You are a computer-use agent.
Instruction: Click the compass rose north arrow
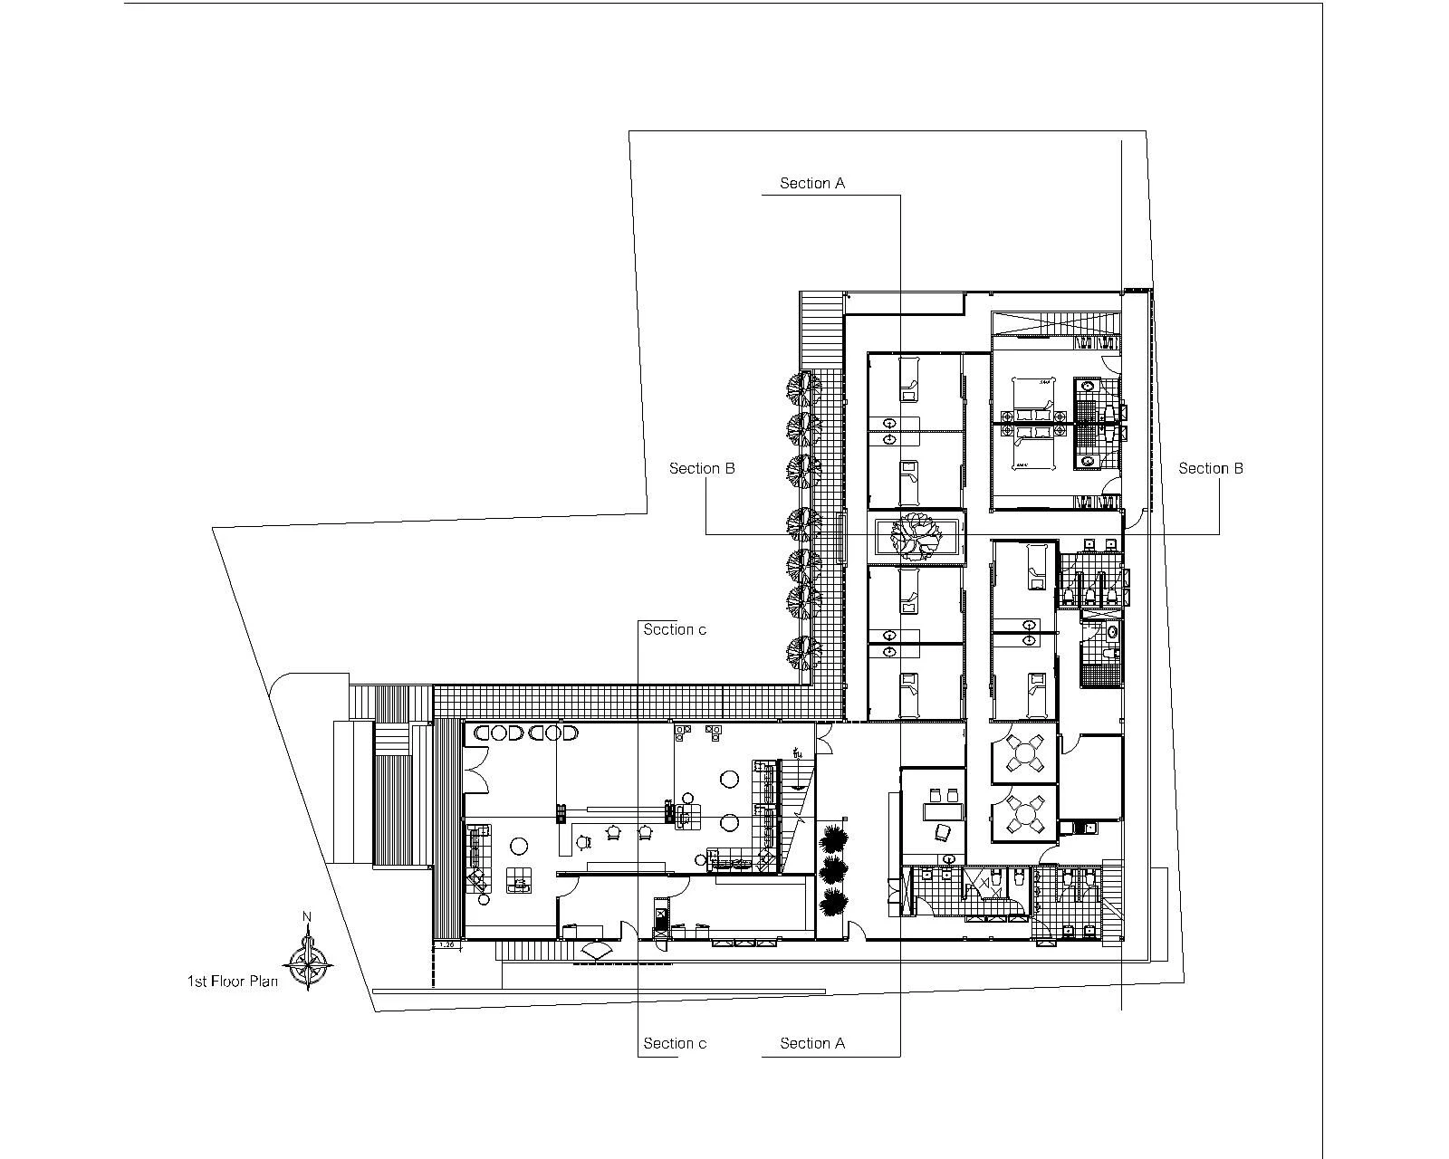point(310,962)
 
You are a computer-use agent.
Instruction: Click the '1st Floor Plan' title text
point(232,981)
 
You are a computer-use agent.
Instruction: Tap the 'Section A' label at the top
point(812,184)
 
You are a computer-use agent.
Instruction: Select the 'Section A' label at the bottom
point(812,1043)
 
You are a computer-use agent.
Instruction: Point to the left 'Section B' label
point(702,468)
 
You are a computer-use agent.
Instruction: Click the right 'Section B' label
point(1211,468)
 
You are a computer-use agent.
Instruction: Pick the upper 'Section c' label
point(675,629)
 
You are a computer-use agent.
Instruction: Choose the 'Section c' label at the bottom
point(675,1043)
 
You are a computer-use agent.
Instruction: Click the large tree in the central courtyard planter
point(916,536)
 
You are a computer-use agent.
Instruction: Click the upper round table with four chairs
point(1026,752)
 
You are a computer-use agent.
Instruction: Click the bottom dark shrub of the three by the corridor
point(834,902)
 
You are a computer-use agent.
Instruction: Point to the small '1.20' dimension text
point(446,944)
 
